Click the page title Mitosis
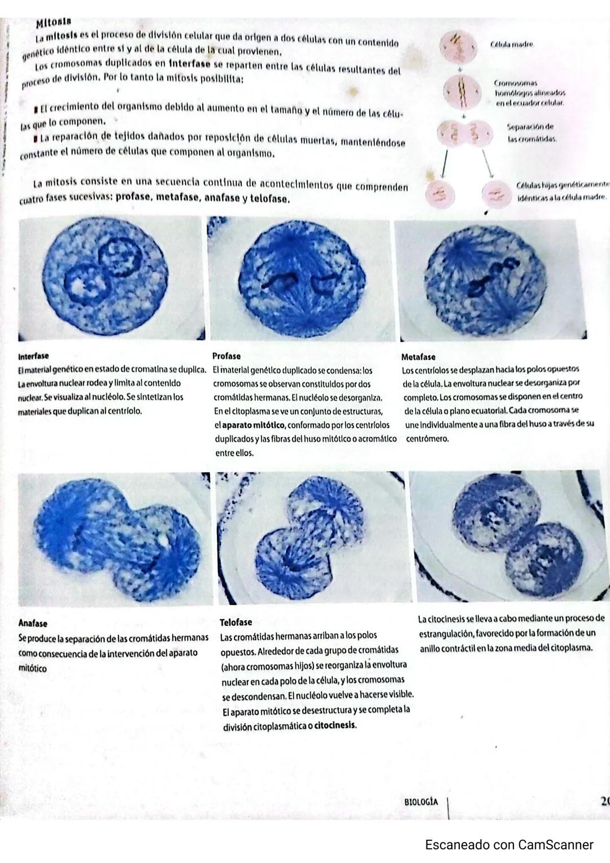tap(53, 23)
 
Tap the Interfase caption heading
tap(33, 356)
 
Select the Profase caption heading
tap(226, 356)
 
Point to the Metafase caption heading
tap(418, 357)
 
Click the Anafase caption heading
tap(33, 624)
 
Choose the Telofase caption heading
tap(236, 622)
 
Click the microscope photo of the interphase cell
tap(111, 278)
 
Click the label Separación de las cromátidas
tap(530, 133)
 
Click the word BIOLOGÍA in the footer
tap(421, 802)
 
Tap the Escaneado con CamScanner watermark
tap(509, 845)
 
